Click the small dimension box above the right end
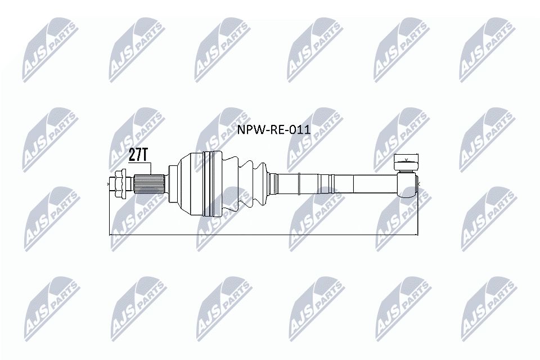pos(406,160)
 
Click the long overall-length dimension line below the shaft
pos(264,234)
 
